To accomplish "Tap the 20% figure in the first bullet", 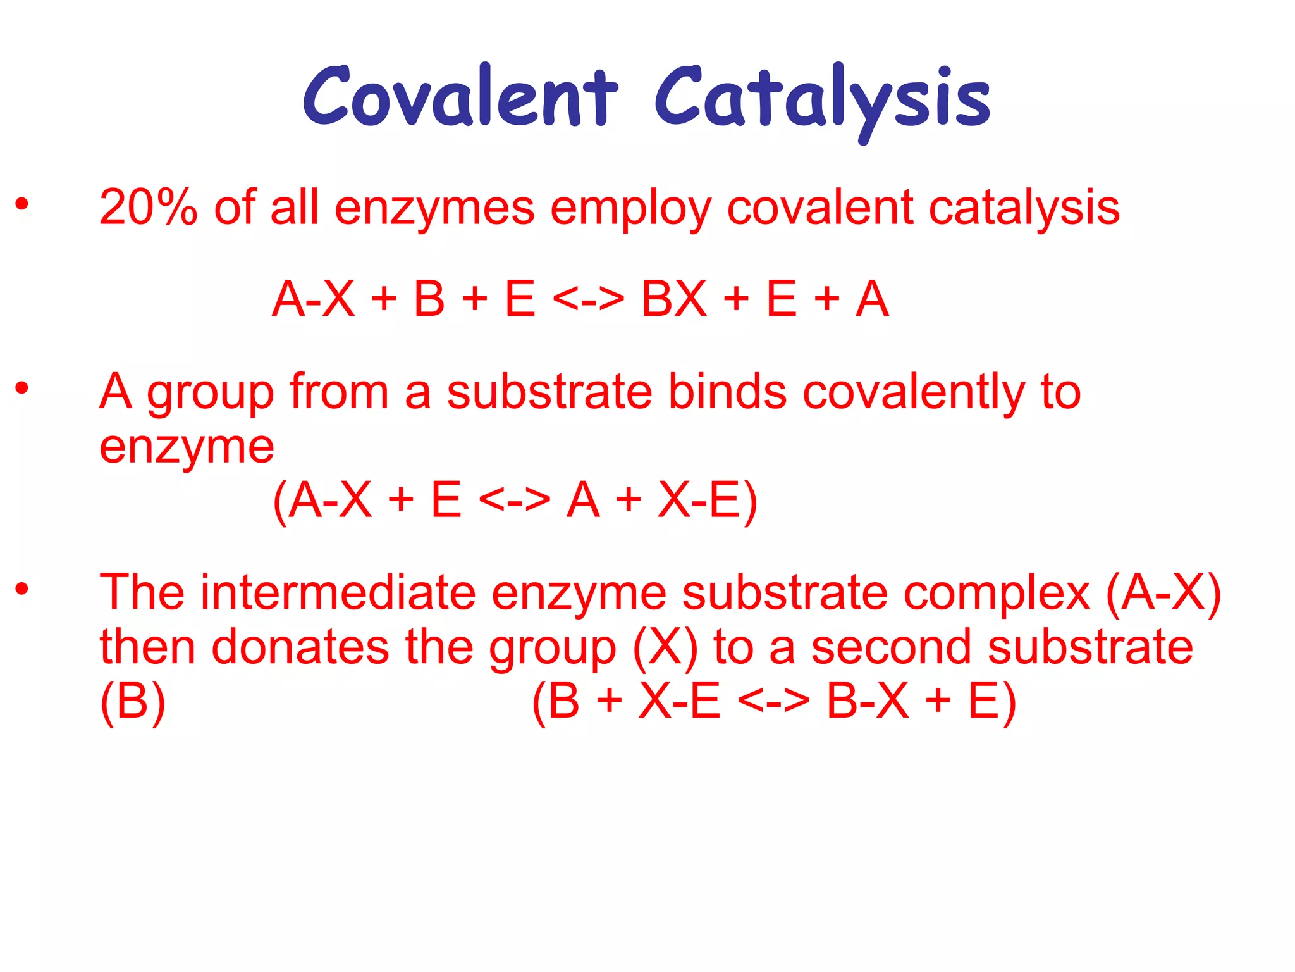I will [148, 207].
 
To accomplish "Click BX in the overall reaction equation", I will [673, 299].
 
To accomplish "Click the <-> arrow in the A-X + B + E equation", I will [588, 299].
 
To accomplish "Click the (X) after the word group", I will [665, 648].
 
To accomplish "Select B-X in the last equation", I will [868, 701].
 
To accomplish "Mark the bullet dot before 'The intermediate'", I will [22, 589].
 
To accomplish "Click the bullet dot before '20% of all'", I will [22, 204].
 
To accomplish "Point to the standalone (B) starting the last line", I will [133, 701].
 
